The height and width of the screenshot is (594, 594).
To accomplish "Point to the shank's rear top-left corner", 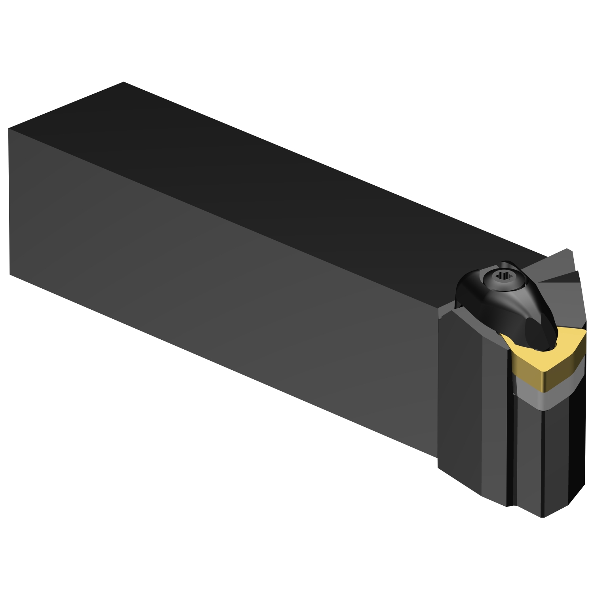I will click(x=9, y=129).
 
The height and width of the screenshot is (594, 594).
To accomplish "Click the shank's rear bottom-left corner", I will click(x=10, y=274).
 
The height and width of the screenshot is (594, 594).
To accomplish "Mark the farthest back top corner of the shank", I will click(x=124, y=82).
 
